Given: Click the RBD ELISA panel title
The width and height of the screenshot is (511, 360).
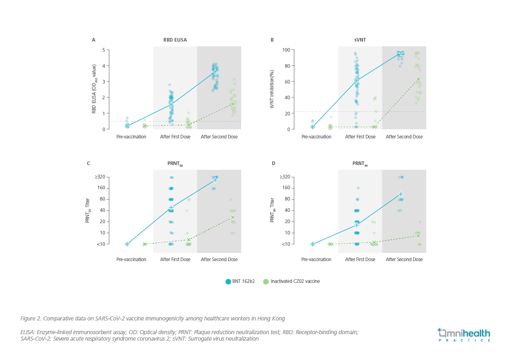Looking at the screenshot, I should pos(172,40).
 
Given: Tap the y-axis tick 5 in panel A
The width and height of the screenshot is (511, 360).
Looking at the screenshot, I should pos(104,50).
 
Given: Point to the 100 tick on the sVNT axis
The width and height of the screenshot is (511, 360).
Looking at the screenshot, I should pos(286,50).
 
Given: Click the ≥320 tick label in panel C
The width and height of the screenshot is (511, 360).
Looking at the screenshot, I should pos(100,177).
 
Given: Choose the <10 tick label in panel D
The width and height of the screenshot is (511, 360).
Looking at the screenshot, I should pos(286,244).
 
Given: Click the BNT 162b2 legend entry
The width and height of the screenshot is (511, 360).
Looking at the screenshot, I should pos(240,281).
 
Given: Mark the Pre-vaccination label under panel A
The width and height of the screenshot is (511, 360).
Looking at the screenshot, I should pos(131,137).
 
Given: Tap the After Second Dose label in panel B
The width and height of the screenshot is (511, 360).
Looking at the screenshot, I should pos(404,137).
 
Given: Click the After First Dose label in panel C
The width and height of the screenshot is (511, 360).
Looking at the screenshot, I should pos(175,260).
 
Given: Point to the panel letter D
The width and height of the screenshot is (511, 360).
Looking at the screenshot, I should pos(273,163).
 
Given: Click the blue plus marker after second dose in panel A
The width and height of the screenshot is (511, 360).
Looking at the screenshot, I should pos(215,71).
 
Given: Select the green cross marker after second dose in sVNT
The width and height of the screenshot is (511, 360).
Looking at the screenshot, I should pos(418,79).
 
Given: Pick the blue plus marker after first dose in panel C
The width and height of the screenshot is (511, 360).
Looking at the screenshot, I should pos(171,208).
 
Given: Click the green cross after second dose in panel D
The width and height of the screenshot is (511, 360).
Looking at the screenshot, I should pos(418,236).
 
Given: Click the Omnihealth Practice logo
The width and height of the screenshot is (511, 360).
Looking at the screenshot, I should pos(464,335).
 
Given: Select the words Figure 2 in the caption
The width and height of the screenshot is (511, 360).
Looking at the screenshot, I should pos(30,318).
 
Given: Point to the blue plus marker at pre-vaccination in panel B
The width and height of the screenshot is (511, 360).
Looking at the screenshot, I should pos(313,127).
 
